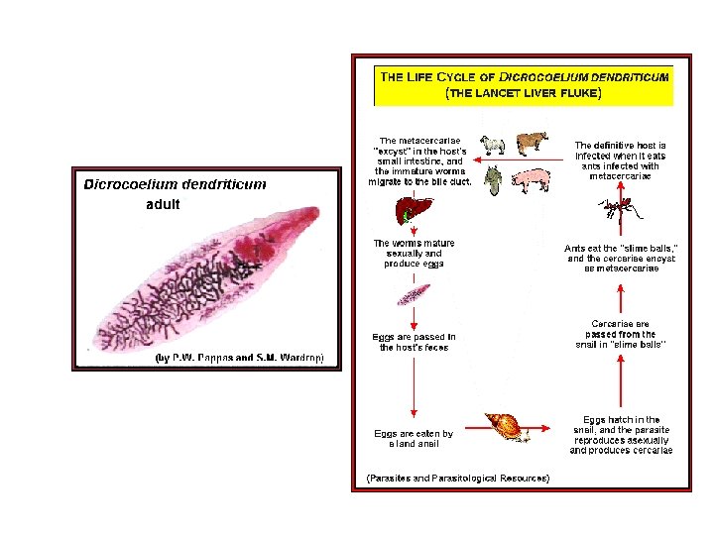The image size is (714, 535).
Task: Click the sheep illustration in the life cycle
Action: click(492, 145)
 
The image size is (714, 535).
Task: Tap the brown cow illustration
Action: click(532, 141)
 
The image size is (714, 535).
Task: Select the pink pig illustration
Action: click(531, 180)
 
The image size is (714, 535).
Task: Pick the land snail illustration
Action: click(509, 426)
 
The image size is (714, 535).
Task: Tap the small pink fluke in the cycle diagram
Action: click(414, 294)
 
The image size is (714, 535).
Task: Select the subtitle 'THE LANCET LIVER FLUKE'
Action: click(524, 93)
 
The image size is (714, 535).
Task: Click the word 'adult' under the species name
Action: click(164, 205)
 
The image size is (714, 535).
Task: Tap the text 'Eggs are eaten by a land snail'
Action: click(414, 439)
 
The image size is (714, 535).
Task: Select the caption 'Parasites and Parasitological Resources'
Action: click(458, 479)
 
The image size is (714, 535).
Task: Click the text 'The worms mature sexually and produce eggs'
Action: click(414, 253)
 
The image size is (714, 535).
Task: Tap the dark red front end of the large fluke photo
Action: click(306, 219)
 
